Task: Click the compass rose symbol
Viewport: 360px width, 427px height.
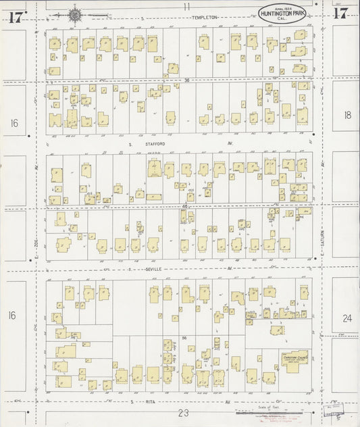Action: pyautogui.click(x=74, y=14)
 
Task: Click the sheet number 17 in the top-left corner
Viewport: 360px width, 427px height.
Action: pyautogui.click(x=16, y=16)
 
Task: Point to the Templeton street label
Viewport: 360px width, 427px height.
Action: pyautogui.click(x=205, y=17)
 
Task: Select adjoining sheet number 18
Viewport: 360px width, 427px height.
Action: pyautogui.click(x=347, y=116)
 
